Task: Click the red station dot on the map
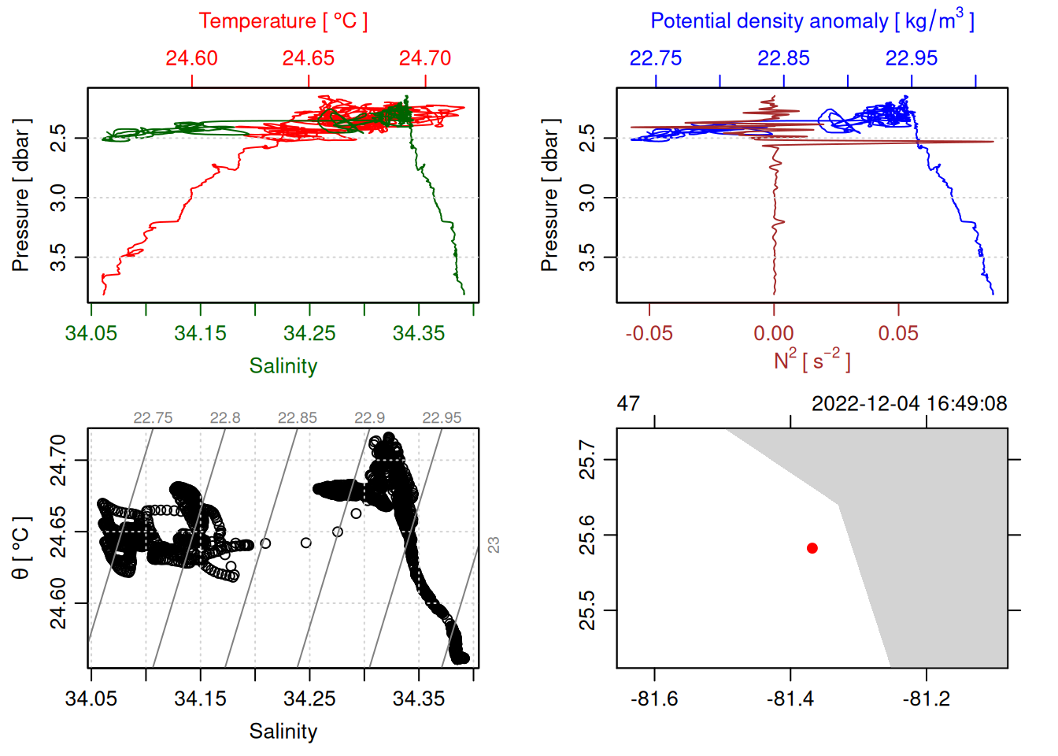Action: [x=812, y=548]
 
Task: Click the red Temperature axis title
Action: [x=283, y=21]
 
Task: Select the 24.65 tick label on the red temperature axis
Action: [x=309, y=58]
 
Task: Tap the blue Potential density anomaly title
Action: [x=812, y=20]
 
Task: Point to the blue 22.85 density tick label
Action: [x=783, y=58]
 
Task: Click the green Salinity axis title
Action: [x=283, y=366]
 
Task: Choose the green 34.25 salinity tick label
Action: [x=309, y=333]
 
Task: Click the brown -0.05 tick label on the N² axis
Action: [x=649, y=333]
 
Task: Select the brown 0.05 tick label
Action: [x=898, y=333]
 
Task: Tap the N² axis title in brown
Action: [x=812, y=361]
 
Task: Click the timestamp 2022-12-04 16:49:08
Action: [x=909, y=404]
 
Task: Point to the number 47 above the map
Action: [x=628, y=404]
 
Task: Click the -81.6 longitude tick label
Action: [x=654, y=699]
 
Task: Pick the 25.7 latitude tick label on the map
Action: [x=587, y=460]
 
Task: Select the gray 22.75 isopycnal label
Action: [x=153, y=418]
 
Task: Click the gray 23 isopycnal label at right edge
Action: [x=494, y=545]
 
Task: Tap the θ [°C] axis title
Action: [x=20, y=547]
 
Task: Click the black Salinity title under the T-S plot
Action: [x=283, y=732]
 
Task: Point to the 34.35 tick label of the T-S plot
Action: [x=419, y=699]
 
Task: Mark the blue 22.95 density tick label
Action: [x=912, y=58]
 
